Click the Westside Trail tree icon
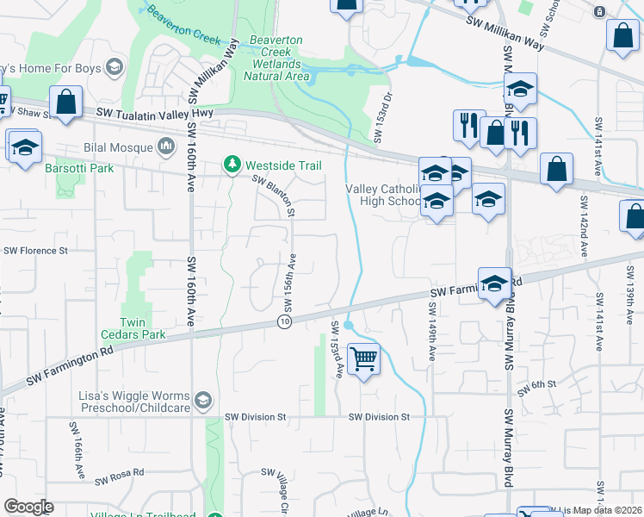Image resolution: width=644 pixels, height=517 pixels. pyautogui.click(x=231, y=164)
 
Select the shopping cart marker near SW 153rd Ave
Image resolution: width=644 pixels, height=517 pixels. pyautogui.click(x=364, y=358)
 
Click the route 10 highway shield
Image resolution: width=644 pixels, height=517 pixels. pyautogui.click(x=284, y=321)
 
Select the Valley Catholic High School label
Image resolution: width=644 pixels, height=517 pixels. pyautogui.click(x=383, y=195)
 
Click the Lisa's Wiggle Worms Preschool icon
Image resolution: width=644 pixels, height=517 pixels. pyautogui.click(x=202, y=399)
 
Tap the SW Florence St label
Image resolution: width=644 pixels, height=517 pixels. pyautogui.click(x=35, y=251)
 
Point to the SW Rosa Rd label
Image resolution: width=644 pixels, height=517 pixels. pyautogui.click(x=120, y=477)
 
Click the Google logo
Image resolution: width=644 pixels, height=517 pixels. pyautogui.click(x=28, y=507)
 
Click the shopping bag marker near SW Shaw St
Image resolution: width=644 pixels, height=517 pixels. pyautogui.click(x=65, y=103)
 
